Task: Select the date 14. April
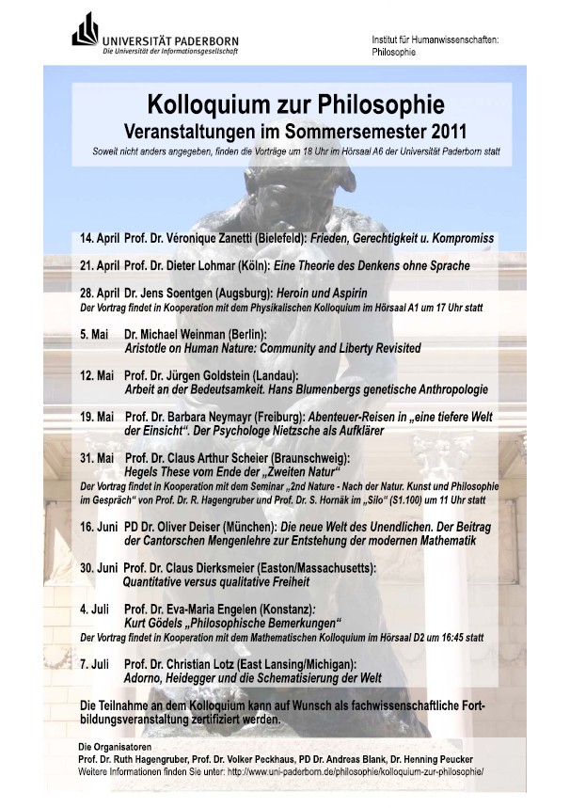(100, 239)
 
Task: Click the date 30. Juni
(99, 568)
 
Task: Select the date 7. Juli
(96, 664)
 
